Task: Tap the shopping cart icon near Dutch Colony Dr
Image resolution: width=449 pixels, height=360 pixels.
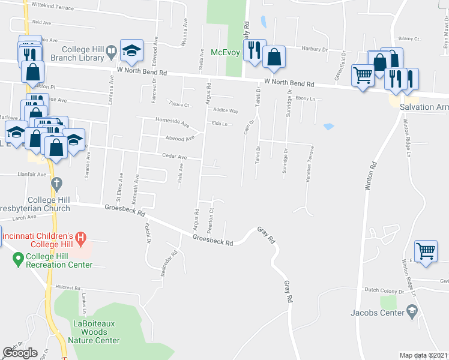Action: [x=426, y=251]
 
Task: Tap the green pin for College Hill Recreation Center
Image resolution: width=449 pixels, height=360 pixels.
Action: [x=18, y=260]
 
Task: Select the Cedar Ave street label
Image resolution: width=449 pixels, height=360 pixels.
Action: [x=174, y=157]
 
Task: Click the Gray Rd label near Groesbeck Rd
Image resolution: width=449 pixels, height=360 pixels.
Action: [x=266, y=234]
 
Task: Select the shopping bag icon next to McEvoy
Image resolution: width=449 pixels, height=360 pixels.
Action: [x=274, y=57]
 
